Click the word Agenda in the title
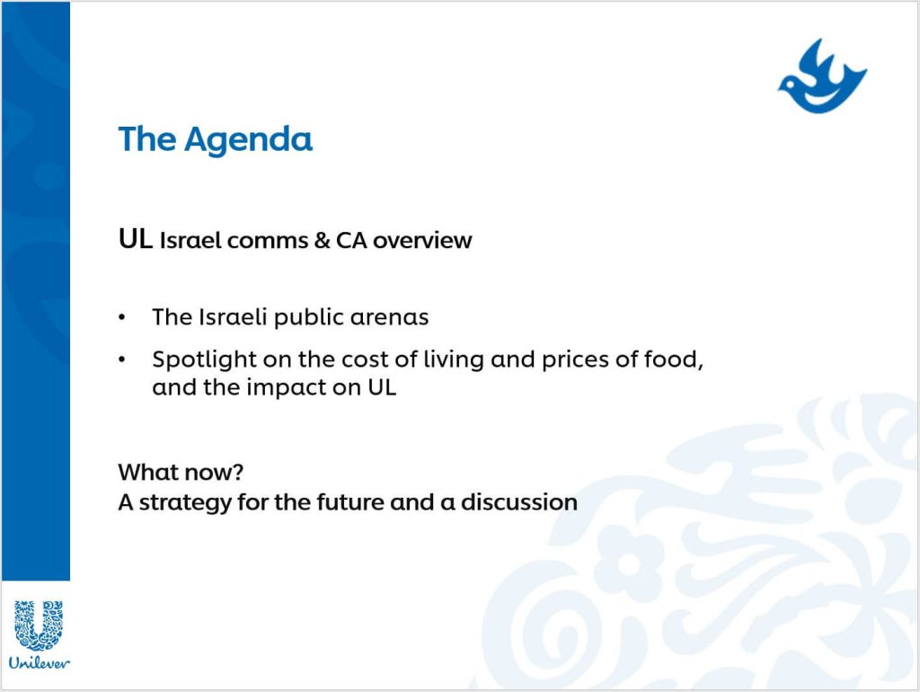tap(248, 140)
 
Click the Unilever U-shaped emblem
tap(39, 625)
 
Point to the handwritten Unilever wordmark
tap(39, 663)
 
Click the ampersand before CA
tap(322, 240)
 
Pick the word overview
tap(422, 240)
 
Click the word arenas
tap(390, 318)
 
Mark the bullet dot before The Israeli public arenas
tap(122, 317)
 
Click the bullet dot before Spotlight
tap(122, 359)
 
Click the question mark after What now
tap(237, 472)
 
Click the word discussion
tap(519, 502)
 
